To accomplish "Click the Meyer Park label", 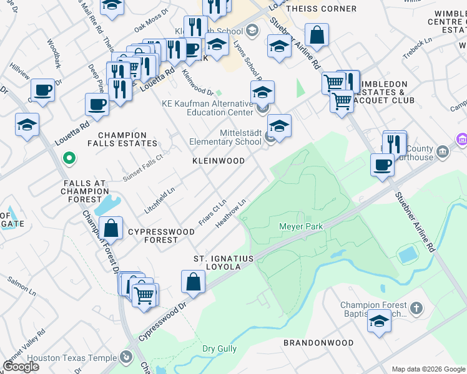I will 301,226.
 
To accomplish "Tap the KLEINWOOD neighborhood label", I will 217,161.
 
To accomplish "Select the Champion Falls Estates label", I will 122,139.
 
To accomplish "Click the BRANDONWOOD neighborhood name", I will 318,343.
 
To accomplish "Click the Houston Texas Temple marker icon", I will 127,358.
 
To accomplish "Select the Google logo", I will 21,366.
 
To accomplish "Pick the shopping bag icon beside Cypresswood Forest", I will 111,228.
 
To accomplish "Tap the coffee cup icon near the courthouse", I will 382,165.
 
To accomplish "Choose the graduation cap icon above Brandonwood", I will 379,320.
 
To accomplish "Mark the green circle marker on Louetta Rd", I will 69,159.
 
